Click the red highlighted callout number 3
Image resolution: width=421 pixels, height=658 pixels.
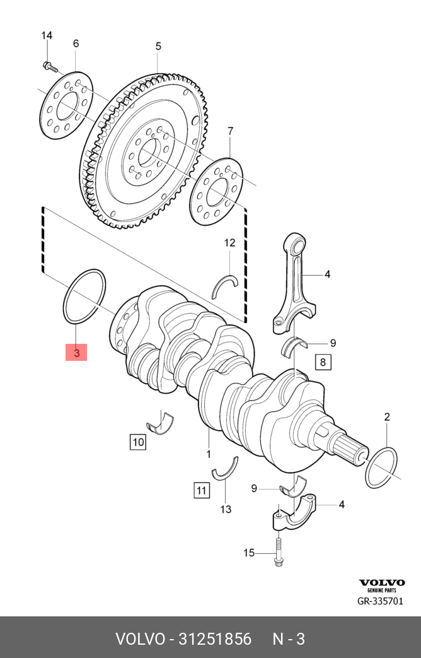pos(76,353)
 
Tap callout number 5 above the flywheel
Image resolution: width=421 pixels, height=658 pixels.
pos(158,46)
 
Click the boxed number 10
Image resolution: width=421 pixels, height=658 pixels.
pos(138,442)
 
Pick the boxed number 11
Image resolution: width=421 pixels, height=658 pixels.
pos(201,490)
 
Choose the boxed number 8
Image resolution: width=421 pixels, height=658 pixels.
pos(323,362)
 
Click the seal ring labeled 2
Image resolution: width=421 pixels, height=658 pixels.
pos(382,467)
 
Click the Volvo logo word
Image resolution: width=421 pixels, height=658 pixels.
pos(382,582)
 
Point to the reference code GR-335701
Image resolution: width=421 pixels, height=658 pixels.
pos(380,601)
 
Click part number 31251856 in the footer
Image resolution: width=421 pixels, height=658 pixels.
pos(215,638)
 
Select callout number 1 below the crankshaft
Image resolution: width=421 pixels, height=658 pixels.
pos(209,454)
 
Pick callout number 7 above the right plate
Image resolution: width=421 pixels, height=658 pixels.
pos(230,131)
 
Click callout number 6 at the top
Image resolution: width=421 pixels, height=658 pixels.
pos(76,44)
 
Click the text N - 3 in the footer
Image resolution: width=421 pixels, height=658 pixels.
pos(289,638)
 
